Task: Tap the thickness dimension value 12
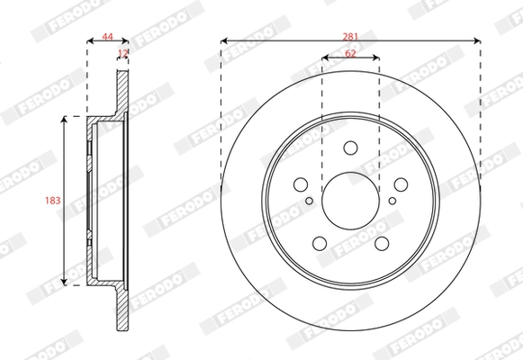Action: [x=123, y=54]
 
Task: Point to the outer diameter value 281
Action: [x=350, y=35]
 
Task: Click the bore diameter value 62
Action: [x=350, y=54]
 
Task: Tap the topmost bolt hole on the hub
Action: [x=350, y=148]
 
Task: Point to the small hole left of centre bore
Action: [x=310, y=202]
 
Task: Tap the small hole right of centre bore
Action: [x=391, y=202]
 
